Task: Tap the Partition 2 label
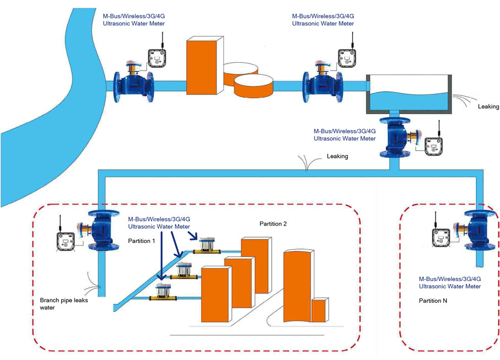[273, 223]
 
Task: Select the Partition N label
[433, 300]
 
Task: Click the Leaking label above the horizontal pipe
[337, 156]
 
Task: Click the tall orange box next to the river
[204, 66]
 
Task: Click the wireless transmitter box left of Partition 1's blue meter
[65, 241]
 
